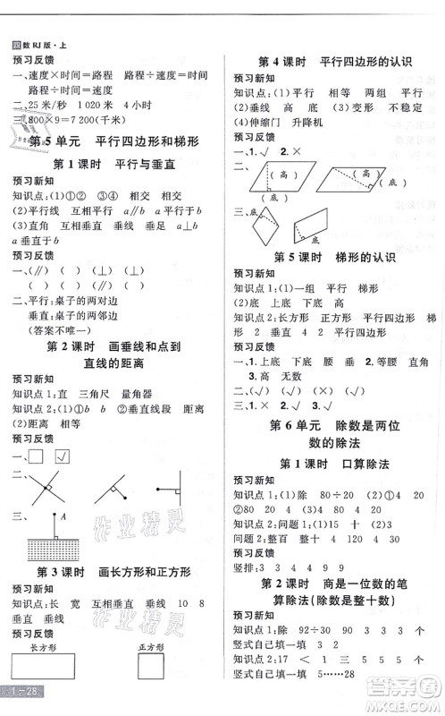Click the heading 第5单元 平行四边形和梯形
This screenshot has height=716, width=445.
click(114, 141)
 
